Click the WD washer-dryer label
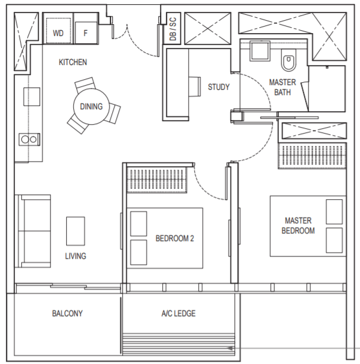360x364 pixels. click(x=58, y=33)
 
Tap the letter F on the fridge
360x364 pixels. click(x=86, y=33)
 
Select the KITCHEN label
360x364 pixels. click(x=73, y=62)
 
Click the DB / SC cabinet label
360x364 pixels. click(x=173, y=29)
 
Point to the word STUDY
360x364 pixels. click(x=218, y=87)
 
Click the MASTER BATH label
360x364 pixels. click(x=282, y=87)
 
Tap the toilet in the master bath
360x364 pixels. click(x=289, y=60)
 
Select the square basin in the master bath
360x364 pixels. click(x=260, y=51)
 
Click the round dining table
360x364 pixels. click(x=91, y=106)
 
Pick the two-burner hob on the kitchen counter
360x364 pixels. click(x=29, y=139)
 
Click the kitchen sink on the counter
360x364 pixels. click(x=31, y=96)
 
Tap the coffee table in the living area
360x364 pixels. click(x=76, y=231)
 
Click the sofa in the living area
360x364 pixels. click(x=32, y=231)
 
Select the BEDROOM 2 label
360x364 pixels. click(x=175, y=238)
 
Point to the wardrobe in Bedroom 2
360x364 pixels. click(x=157, y=180)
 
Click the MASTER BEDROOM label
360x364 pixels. click(x=298, y=226)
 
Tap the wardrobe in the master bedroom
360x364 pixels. click(x=312, y=155)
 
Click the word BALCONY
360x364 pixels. click(x=67, y=313)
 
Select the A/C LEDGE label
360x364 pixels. click(x=178, y=313)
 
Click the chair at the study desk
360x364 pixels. click(x=195, y=86)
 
